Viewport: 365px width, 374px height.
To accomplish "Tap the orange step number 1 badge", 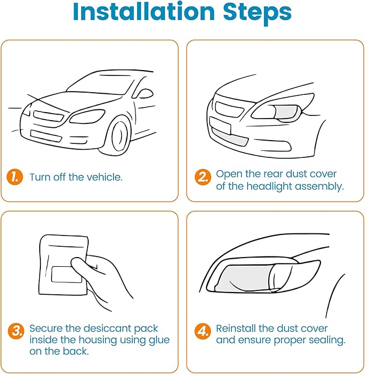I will coord(15,177).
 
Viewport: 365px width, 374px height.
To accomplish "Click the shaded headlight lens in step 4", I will coord(247,278).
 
